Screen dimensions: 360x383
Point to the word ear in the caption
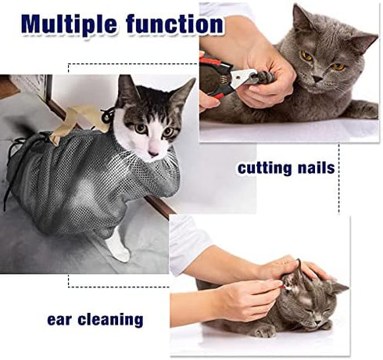pyautogui.click(x=61, y=319)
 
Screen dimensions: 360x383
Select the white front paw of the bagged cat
pyautogui.click(x=119, y=248)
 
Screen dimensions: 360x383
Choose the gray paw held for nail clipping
pyautogui.click(x=266, y=78)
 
